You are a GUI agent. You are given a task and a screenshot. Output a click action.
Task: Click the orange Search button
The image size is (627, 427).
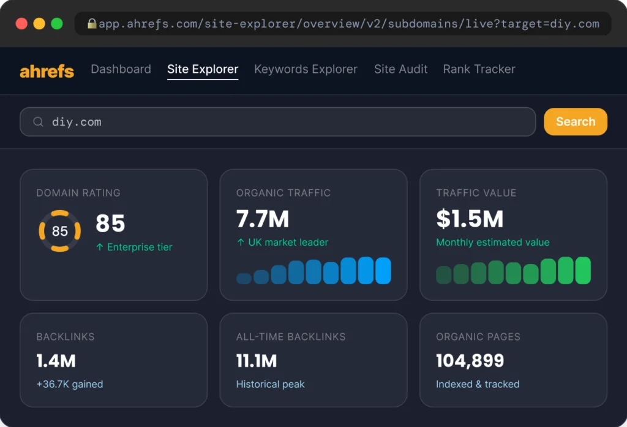[576, 122]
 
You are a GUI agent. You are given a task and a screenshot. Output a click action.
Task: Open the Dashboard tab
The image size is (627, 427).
[121, 69]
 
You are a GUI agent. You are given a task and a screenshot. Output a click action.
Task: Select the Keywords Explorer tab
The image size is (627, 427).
[306, 69]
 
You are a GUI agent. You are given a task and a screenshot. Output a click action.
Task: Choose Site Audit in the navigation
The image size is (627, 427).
[400, 69]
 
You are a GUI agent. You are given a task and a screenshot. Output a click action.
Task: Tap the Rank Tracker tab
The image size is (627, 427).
[479, 69]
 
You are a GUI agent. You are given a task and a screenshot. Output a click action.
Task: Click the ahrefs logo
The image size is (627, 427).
[47, 71]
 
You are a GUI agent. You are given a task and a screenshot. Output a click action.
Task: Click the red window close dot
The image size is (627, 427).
[21, 24]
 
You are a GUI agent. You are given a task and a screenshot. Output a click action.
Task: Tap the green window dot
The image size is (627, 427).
[57, 24]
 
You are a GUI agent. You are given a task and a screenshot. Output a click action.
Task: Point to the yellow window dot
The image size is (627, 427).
[39, 24]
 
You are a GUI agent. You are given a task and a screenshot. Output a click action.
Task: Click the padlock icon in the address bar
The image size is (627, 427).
[92, 24]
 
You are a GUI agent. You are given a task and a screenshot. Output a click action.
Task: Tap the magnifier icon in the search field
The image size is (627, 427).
[38, 122]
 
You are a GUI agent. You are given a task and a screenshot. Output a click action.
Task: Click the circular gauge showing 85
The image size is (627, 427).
[59, 211]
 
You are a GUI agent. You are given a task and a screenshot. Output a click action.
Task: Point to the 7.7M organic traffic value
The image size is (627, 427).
[262, 219]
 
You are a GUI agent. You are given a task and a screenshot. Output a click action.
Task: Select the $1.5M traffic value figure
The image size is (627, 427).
[470, 219]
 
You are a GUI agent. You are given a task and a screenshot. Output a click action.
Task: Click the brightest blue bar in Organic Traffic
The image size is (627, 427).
[383, 271]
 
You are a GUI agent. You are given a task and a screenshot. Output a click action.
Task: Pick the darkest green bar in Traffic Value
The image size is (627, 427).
[443, 275]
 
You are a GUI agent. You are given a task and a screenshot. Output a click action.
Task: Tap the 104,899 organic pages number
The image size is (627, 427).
[470, 361]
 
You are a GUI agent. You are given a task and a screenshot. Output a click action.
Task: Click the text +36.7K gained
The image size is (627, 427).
[70, 384]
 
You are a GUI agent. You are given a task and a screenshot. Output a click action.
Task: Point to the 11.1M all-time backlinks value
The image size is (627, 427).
[257, 361]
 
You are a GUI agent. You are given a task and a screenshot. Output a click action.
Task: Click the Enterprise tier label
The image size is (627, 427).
[140, 247]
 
